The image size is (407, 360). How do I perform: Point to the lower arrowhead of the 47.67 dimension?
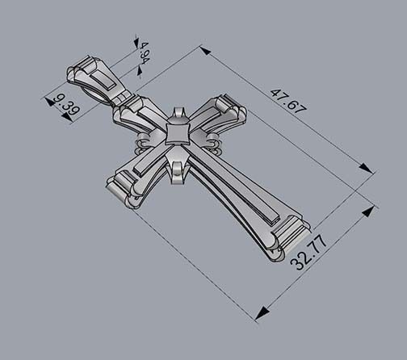367,169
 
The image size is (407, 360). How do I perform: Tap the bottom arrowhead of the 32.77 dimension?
261,313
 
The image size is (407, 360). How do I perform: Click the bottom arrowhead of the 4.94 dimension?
139,73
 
